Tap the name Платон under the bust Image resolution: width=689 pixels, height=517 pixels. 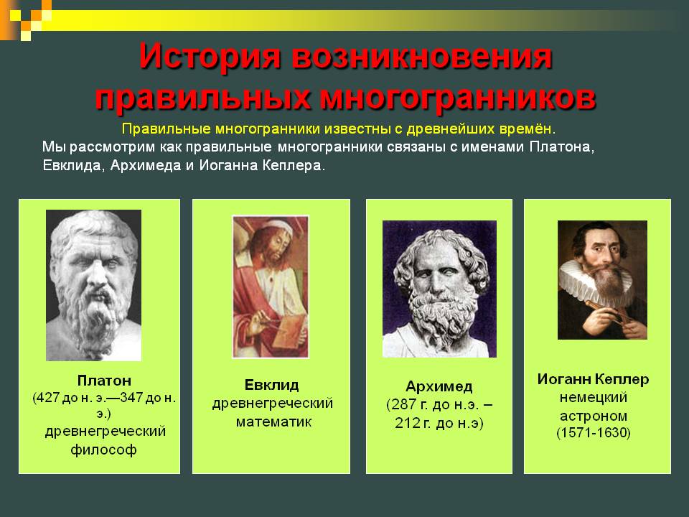coord(104,379)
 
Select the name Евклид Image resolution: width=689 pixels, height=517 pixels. coord(271,385)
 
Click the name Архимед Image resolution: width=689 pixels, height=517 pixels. coord(439,386)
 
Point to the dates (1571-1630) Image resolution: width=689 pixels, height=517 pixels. coord(593,434)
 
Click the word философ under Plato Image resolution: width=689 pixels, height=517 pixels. coord(105,450)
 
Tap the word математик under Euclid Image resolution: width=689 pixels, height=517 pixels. coord(273,421)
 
